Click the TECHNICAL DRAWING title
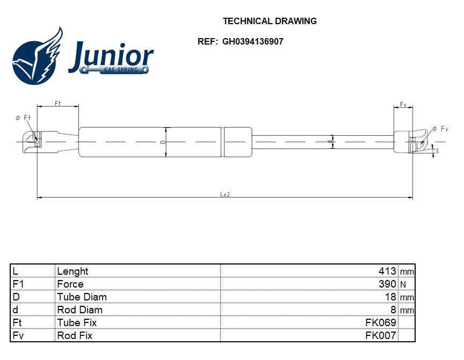pos(270,21)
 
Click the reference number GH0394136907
pos(252,41)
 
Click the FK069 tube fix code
pos(380,323)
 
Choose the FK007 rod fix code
pos(380,336)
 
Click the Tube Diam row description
pos(82,297)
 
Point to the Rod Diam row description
pos(79,310)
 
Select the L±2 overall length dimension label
pos(225,194)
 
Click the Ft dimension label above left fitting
pos(57,103)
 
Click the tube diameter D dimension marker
pos(163,142)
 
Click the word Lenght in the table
pos(73,271)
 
